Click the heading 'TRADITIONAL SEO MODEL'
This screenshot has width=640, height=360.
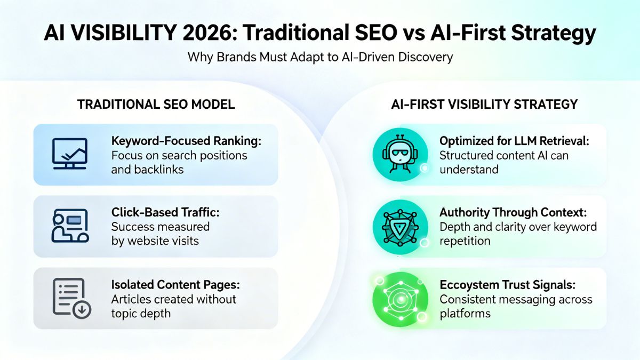click(156, 104)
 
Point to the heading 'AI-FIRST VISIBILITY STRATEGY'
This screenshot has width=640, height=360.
click(484, 104)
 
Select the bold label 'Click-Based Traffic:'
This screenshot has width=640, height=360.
click(165, 212)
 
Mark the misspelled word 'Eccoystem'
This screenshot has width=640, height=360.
click(466, 285)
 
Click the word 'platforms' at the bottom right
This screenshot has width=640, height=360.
click(465, 313)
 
